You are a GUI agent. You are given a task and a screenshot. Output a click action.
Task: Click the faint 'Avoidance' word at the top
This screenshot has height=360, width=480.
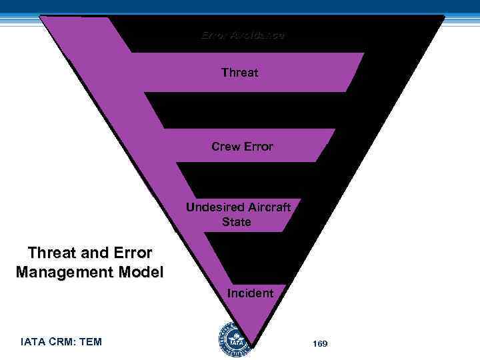point(258,35)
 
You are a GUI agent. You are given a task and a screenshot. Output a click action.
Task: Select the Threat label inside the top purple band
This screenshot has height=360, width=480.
point(239,73)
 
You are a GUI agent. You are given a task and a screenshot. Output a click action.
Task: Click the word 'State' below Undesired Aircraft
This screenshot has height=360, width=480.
point(237,222)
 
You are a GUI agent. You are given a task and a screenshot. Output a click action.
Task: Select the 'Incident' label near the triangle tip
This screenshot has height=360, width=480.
point(250,293)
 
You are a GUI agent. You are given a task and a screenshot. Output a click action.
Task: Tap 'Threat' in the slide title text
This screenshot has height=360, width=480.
point(51,253)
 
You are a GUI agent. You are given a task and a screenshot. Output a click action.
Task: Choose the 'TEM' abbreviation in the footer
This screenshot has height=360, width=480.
point(91,342)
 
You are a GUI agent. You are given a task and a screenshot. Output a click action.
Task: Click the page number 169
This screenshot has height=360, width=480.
point(320,343)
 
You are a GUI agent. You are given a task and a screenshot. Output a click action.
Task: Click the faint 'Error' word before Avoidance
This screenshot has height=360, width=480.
point(215,35)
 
